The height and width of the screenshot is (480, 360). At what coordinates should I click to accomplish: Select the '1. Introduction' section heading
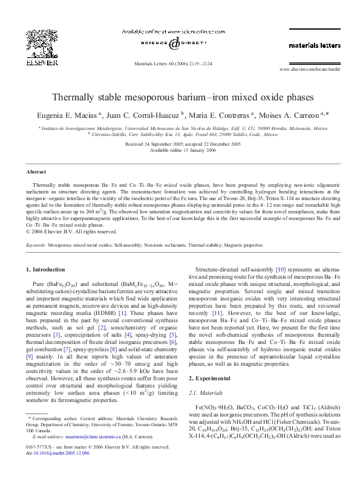49,268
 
